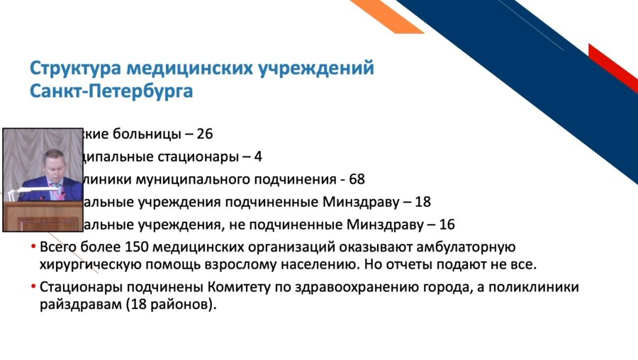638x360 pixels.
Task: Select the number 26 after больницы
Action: point(205,133)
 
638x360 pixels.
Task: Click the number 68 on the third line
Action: point(357,179)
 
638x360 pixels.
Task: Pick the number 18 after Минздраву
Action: point(422,202)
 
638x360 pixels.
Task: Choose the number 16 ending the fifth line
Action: point(447,225)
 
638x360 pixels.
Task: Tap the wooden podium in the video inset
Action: point(43,215)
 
